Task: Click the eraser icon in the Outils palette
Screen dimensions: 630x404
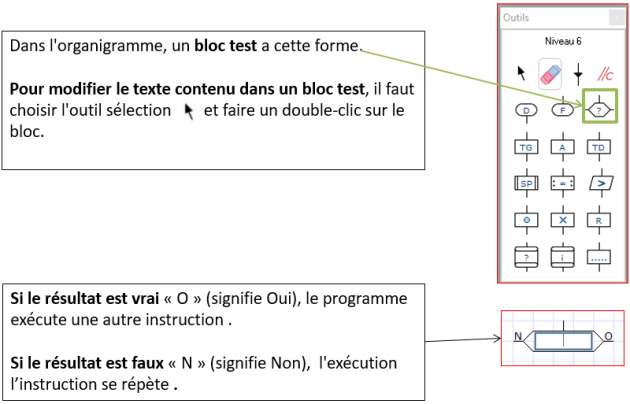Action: (550, 74)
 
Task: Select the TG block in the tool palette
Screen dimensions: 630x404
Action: (526, 147)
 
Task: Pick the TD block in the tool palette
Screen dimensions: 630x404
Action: (599, 147)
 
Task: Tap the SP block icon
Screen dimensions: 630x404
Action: (526, 184)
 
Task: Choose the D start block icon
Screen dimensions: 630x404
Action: (526, 110)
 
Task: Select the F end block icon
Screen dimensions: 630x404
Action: (562, 110)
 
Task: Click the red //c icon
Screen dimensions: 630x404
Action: (605, 74)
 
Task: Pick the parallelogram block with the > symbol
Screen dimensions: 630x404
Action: (601, 184)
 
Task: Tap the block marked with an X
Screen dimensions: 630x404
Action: (562, 220)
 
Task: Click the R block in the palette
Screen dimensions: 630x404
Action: (599, 220)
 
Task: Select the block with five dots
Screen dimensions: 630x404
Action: (599, 257)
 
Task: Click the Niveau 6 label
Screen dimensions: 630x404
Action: (562, 41)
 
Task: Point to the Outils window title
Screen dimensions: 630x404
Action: (516, 17)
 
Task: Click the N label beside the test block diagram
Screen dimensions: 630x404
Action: (518, 336)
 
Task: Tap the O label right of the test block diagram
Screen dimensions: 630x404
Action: (608, 336)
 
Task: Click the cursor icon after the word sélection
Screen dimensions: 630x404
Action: (188, 112)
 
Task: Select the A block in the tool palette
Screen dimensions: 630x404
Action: (562, 147)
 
